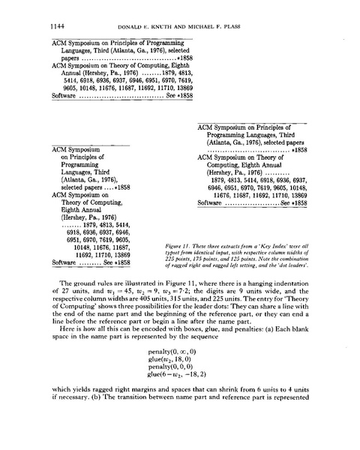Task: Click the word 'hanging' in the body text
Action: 254,297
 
